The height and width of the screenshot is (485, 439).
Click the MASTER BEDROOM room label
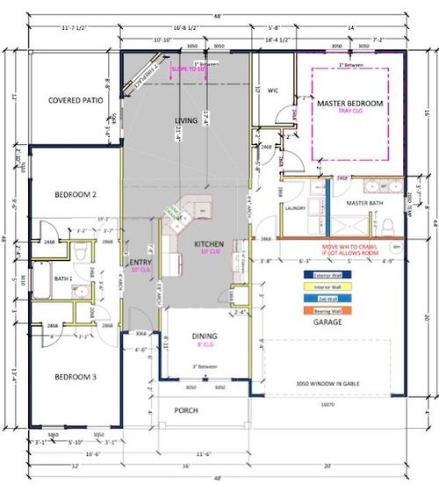pyautogui.click(x=350, y=104)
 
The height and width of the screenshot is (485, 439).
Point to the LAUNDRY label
pyautogui.click(x=294, y=208)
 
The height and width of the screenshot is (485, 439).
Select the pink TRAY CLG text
pyautogui.click(x=350, y=113)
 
